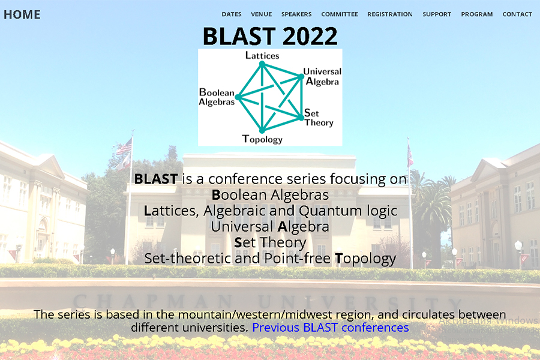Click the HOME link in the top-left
click(x=22, y=14)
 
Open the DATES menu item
click(x=232, y=14)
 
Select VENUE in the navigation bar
click(x=262, y=14)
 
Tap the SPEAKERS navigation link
click(x=296, y=14)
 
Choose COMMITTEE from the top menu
click(x=340, y=14)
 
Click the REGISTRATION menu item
click(x=390, y=14)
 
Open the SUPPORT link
click(x=437, y=14)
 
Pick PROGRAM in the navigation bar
click(x=477, y=14)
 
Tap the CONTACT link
click(x=517, y=14)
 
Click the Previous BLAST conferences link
click(x=330, y=327)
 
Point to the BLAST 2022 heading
click(x=270, y=36)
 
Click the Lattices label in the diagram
click(x=262, y=55)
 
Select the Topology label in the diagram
click(x=262, y=139)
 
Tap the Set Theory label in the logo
click(x=319, y=118)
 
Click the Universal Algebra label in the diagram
click(x=322, y=76)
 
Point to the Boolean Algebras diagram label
click(x=217, y=97)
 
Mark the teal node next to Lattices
click(x=262, y=64)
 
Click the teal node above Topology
click(x=262, y=130)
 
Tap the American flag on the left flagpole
click(x=124, y=146)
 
